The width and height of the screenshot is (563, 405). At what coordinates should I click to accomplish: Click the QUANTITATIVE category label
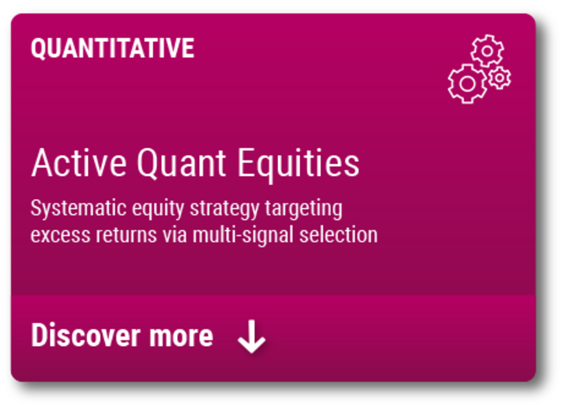click(113, 48)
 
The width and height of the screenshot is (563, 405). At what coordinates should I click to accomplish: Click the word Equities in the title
click(299, 165)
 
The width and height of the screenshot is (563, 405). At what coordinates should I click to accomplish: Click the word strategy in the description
click(225, 209)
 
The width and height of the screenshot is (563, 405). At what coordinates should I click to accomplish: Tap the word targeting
click(304, 209)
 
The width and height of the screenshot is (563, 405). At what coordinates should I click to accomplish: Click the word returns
click(126, 235)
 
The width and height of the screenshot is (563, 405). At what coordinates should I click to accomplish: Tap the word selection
click(338, 235)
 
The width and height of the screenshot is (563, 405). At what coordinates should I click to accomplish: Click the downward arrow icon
click(252, 336)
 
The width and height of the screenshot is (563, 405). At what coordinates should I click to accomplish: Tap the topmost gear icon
click(487, 51)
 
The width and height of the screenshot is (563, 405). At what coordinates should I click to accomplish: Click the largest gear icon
click(467, 84)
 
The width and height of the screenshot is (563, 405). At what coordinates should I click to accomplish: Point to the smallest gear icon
click(499, 78)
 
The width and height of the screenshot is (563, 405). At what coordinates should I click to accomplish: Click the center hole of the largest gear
click(467, 84)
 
